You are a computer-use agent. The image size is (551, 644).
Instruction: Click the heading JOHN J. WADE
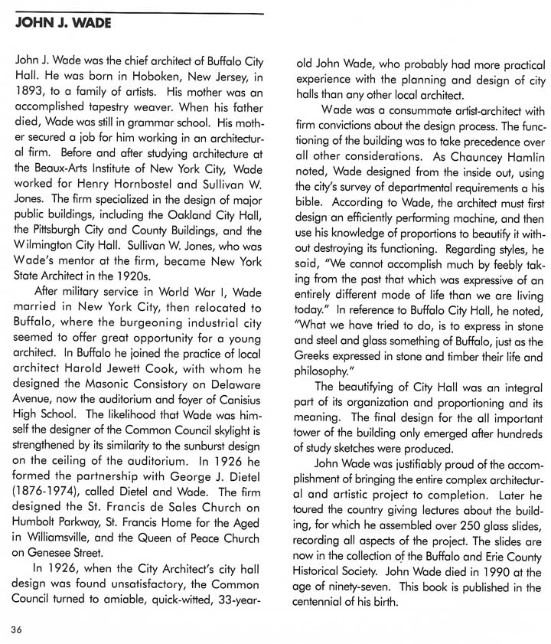point(63,23)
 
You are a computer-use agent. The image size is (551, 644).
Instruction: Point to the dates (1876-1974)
point(47,490)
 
